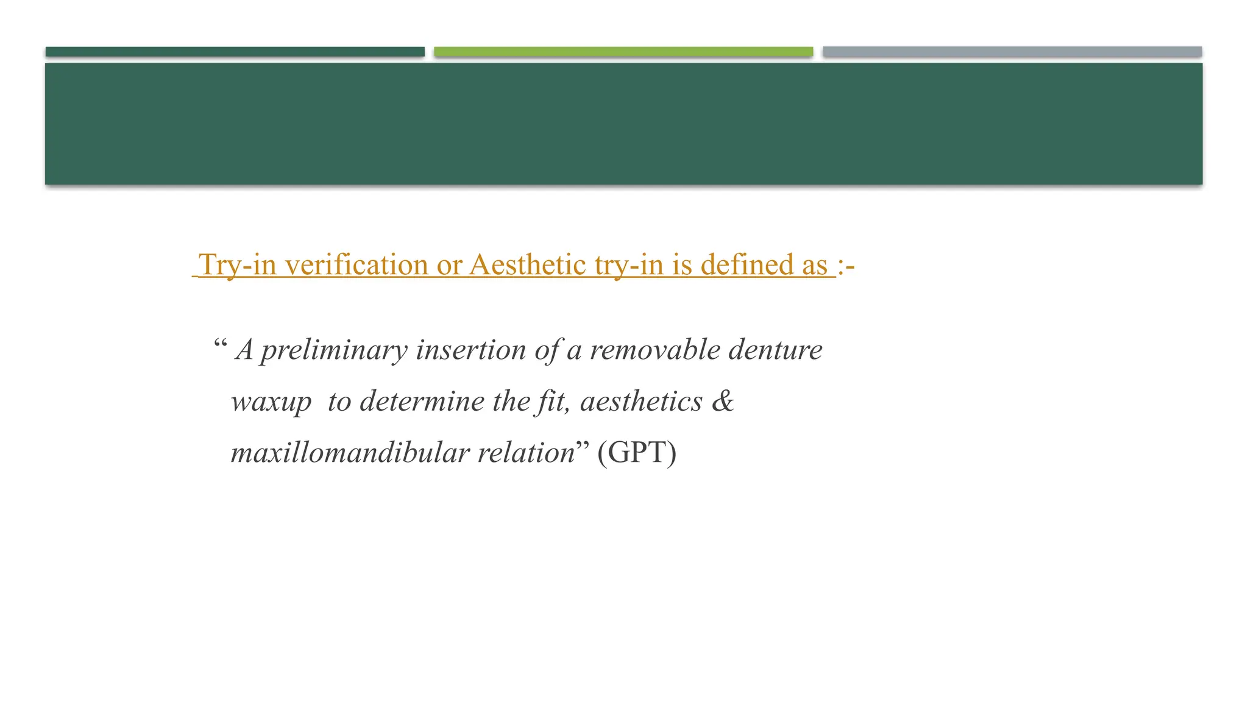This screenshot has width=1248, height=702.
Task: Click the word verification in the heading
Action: point(356,265)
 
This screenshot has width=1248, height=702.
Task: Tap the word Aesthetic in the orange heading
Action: point(527,265)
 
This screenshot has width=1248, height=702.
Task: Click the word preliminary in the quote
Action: point(334,350)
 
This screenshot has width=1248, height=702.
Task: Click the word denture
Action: point(776,350)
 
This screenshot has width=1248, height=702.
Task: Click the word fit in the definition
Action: point(552,402)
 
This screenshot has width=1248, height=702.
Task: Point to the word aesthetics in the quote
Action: point(641,402)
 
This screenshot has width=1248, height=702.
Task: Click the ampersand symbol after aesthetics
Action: point(723,401)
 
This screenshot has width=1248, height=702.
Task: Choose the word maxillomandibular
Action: point(350,453)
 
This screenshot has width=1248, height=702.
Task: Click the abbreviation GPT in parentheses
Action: point(637,453)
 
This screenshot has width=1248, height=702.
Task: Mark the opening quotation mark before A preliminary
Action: point(220,345)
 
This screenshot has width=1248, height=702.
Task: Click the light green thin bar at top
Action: point(623,52)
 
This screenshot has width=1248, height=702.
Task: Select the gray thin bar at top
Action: point(1012,52)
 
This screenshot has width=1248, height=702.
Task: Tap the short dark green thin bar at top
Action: point(235,52)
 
